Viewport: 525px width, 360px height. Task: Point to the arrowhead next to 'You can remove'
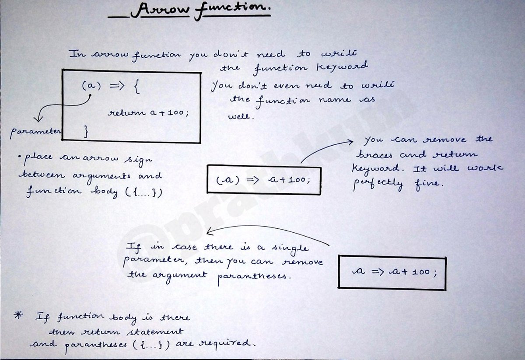pos(350,142)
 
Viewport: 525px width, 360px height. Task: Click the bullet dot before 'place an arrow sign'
pos(21,157)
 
